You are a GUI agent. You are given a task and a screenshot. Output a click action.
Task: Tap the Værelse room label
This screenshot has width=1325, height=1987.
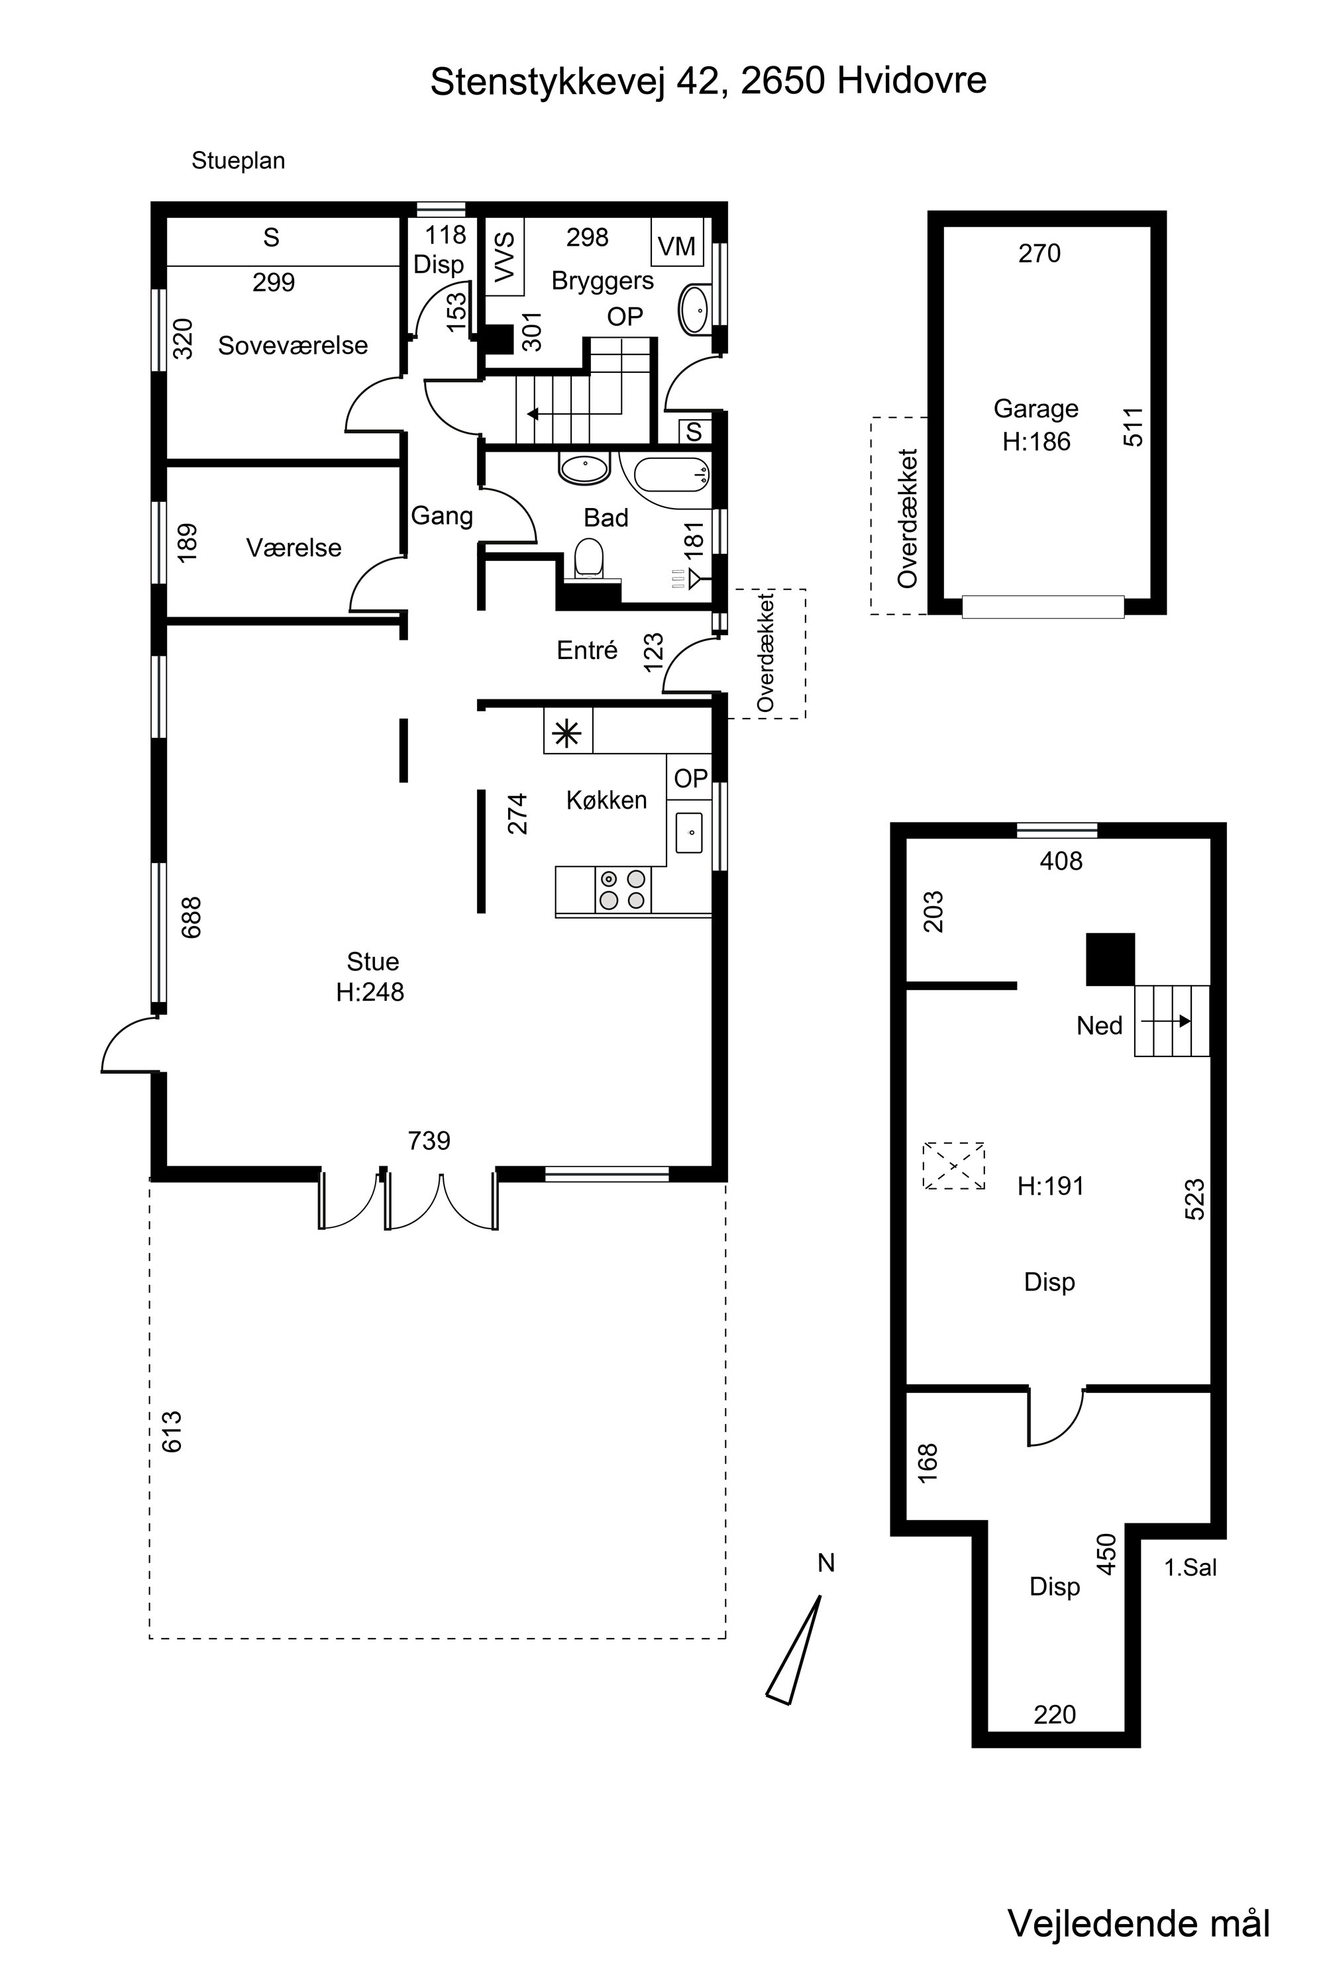pos(293,548)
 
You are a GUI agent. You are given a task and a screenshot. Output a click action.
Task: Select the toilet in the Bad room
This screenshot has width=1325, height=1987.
pos(589,558)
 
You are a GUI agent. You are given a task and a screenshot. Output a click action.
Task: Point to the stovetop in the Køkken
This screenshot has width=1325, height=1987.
pos(623,890)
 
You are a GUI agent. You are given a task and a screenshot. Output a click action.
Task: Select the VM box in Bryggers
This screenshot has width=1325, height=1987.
pos(677,243)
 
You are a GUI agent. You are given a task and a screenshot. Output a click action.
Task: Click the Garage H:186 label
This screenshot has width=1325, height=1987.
pos(1036,425)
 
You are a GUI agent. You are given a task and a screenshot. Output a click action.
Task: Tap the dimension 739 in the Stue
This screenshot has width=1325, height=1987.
pos(429,1141)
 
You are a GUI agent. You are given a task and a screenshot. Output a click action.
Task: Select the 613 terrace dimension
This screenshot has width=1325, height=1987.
pos(172,1431)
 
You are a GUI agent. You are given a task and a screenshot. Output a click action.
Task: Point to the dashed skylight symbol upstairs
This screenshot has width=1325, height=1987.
pos(954,1166)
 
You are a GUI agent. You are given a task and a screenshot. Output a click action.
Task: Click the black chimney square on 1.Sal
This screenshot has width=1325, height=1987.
pos(1110,960)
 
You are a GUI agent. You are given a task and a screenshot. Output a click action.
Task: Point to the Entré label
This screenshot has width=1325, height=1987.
pos(587,650)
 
